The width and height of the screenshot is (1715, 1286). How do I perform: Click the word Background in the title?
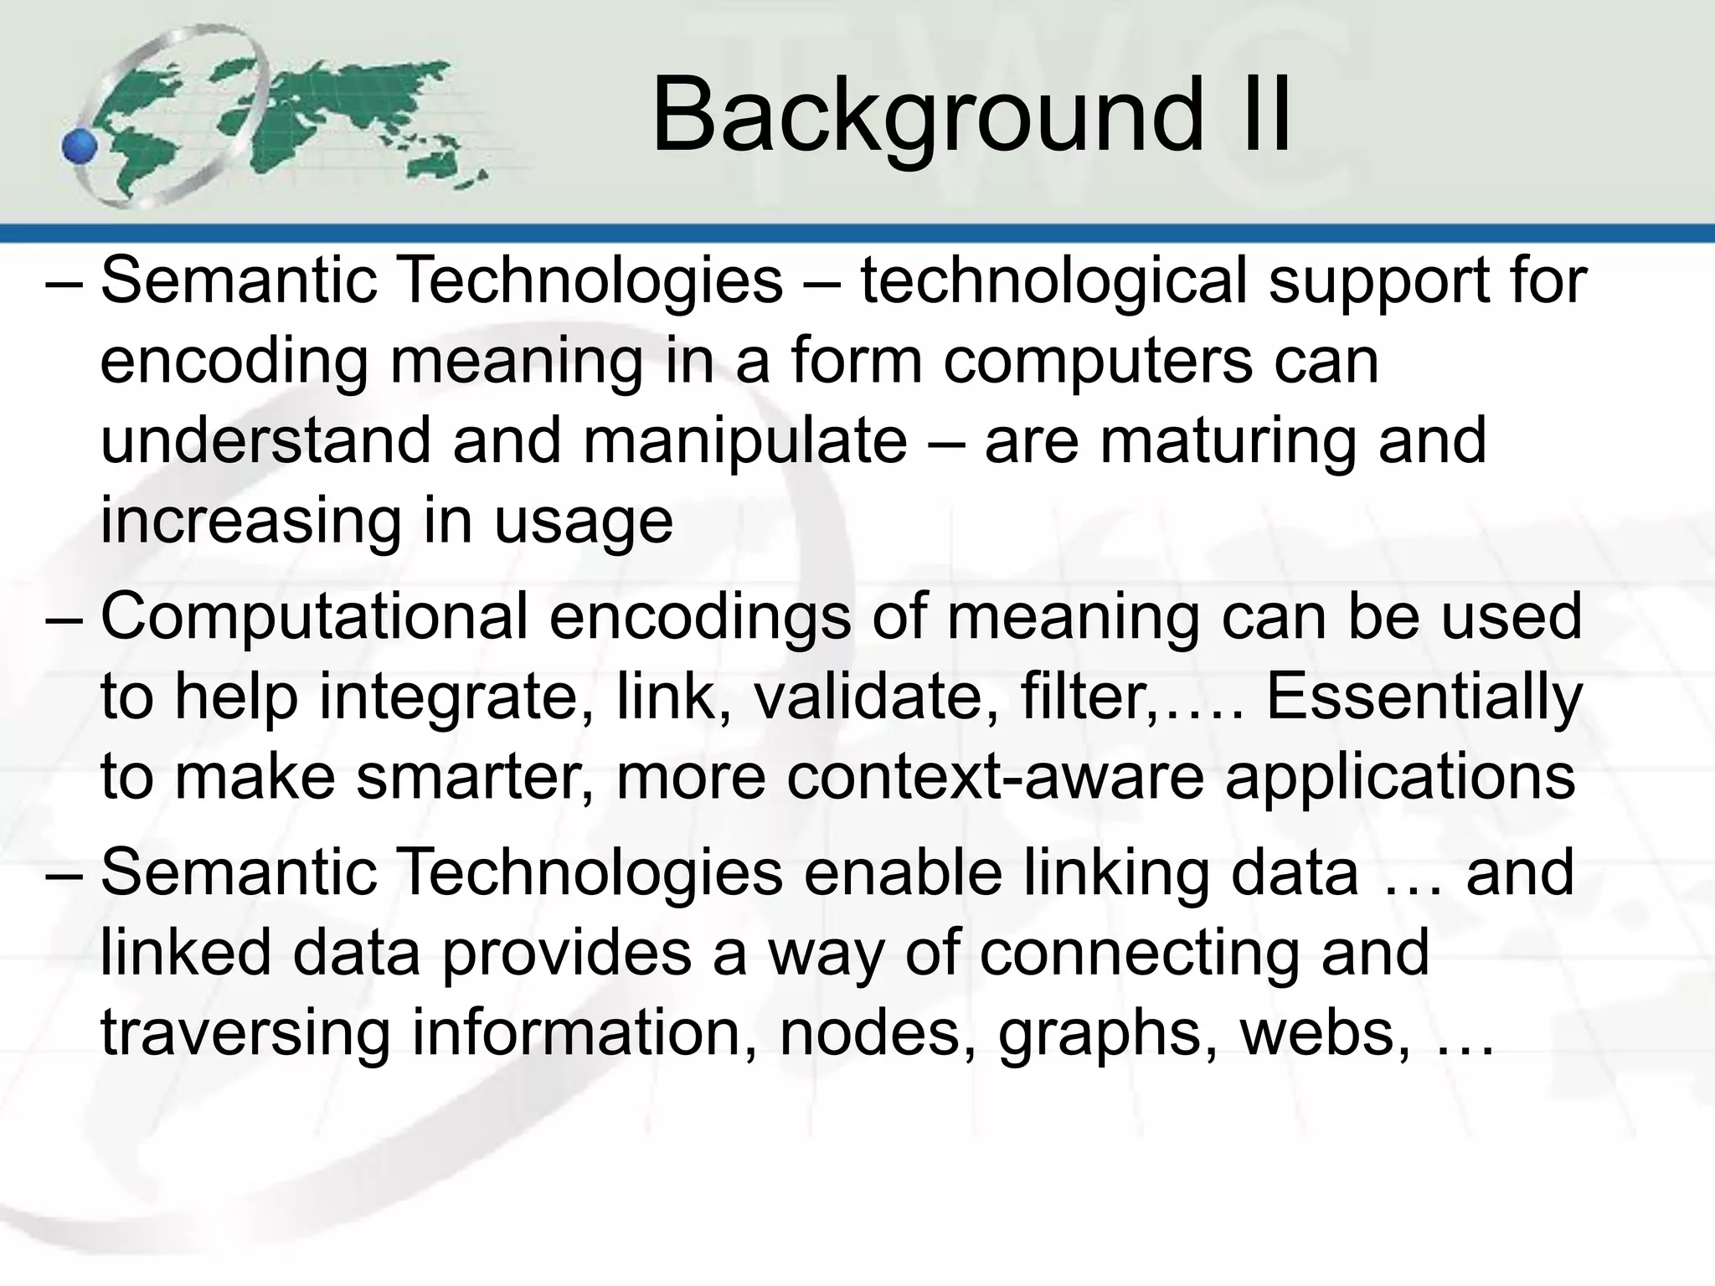coord(925,116)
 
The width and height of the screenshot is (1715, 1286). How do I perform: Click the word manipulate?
coord(744,441)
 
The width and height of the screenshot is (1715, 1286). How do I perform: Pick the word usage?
coord(583,522)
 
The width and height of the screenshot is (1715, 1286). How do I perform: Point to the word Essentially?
coord(1424,697)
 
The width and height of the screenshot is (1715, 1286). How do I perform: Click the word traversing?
coord(245,1034)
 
